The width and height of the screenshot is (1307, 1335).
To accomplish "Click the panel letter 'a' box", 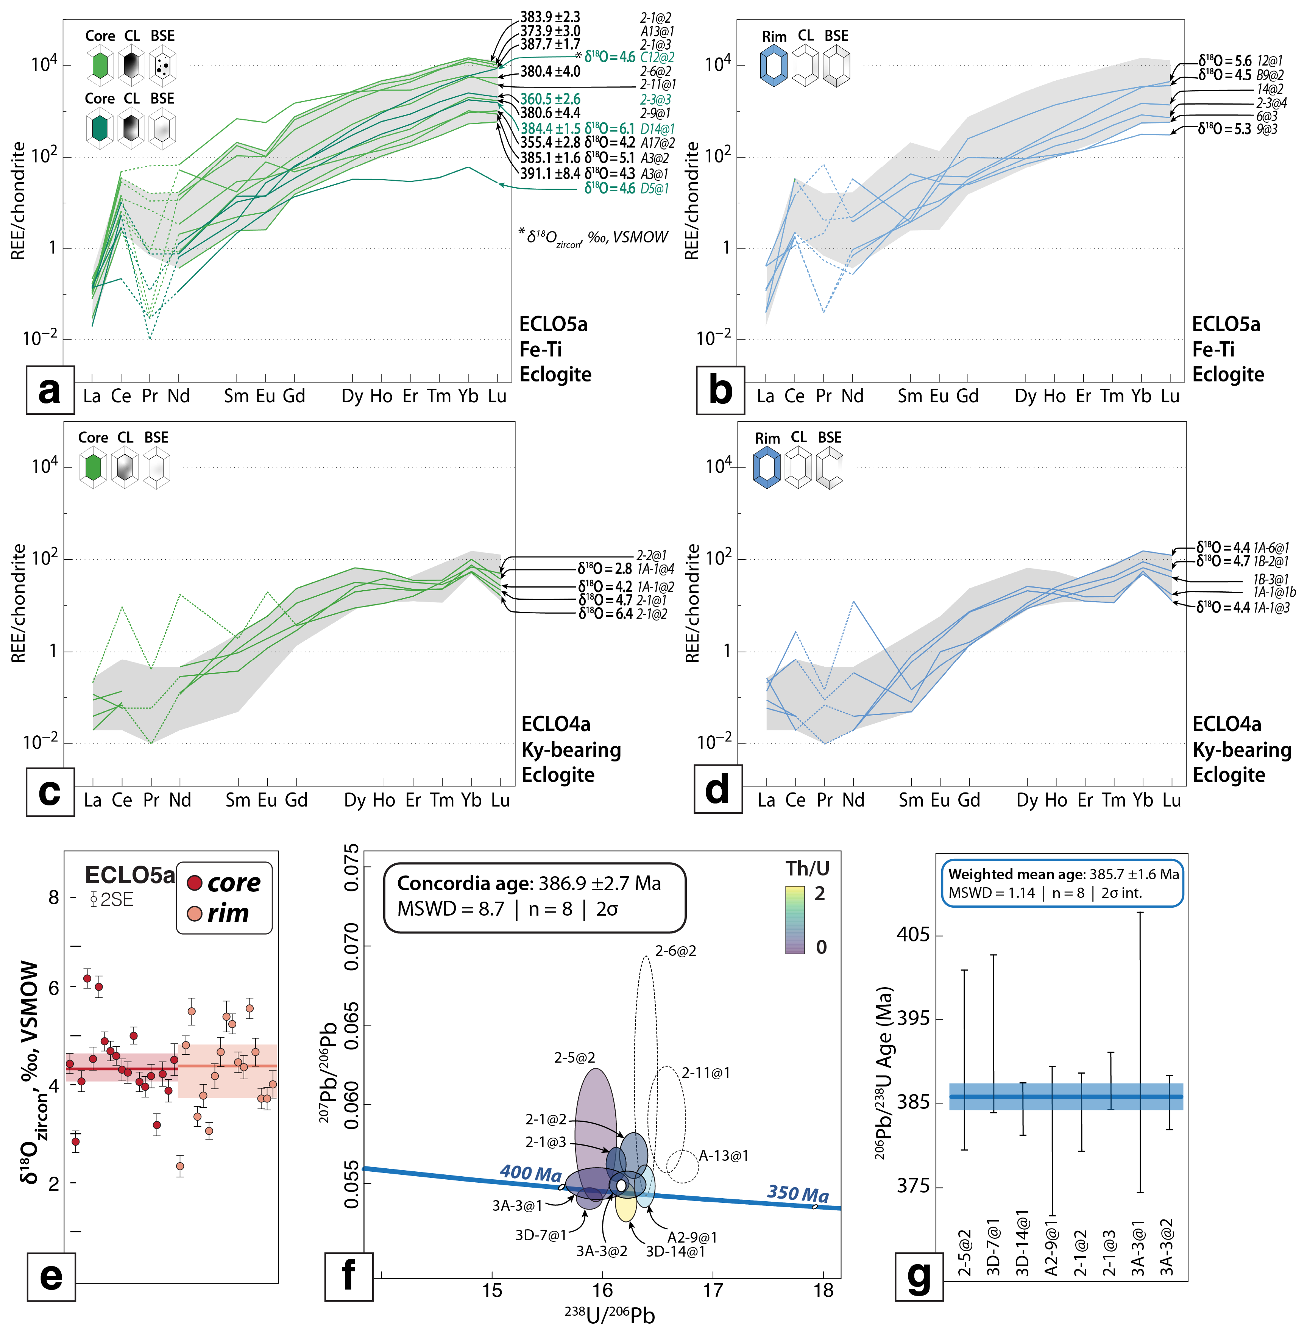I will coord(50,390).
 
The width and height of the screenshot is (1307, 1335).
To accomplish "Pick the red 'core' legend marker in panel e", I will coord(194,882).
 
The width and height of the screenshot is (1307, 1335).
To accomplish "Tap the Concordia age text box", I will coord(534,896).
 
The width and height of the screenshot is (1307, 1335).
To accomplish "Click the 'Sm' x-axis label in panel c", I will coord(238,800).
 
